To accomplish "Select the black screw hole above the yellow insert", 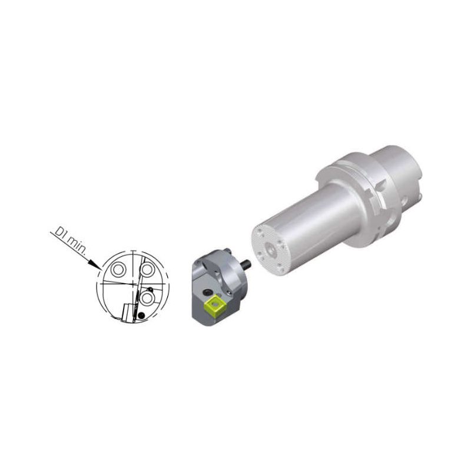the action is (207, 292).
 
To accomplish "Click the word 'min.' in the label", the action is (75, 246).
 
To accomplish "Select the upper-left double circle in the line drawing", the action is (117, 270).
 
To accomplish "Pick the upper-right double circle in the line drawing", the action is (147, 270).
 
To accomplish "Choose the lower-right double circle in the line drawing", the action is (147, 298).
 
